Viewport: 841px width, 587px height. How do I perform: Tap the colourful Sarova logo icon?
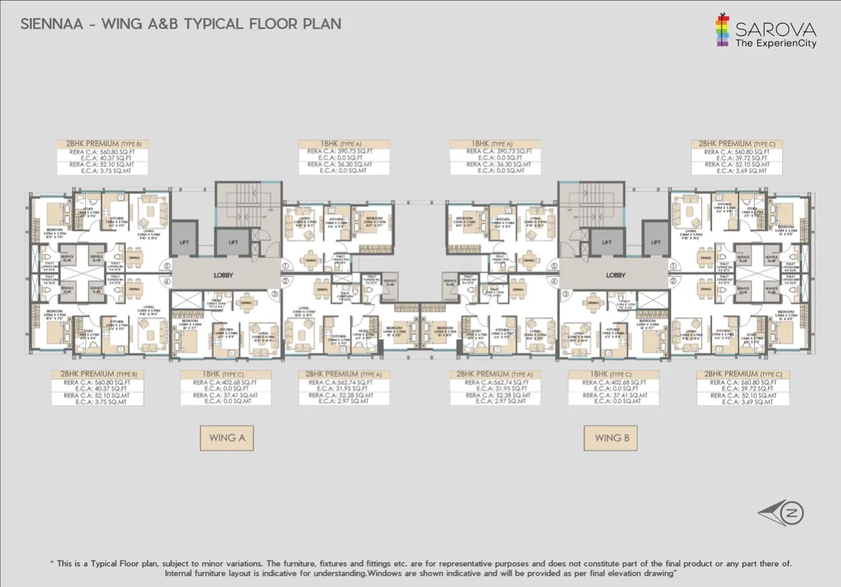coord(722,29)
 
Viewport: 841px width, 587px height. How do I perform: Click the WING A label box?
coord(227,437)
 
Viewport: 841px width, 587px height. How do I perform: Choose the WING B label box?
coord(610,437)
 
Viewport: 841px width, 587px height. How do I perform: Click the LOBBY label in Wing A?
coord(223,275)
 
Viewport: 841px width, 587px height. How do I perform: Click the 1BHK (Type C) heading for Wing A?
coord(225,374)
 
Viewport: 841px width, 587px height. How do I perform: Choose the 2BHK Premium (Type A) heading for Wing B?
coord(495,374)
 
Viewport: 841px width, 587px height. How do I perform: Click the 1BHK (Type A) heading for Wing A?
coord(344,144)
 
